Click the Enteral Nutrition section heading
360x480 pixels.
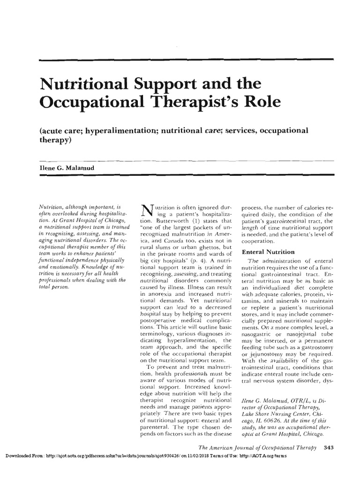click(x=268, y=252)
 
